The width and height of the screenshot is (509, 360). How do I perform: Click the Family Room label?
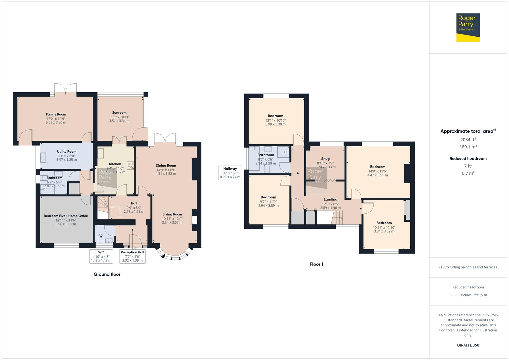click(x=56, y=114)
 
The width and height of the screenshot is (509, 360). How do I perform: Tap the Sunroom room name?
click(x=119, y=113)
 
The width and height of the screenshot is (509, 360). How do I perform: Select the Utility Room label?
click(x=67, y=152)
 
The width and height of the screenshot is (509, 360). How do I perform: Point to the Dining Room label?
click(x=166, y=166)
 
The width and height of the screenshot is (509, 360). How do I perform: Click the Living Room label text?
click(x=172, y=214)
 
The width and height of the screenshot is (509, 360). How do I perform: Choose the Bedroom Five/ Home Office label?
click(x=66, y=216)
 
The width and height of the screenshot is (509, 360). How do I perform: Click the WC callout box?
click(x=101, y=256)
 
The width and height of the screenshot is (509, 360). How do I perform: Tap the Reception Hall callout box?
click(x=132, y=256)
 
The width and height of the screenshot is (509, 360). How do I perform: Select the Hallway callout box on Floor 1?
click(x=230, y=173)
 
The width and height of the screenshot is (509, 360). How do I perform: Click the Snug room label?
click(x=325, y=159)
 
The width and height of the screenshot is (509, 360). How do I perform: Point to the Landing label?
click(x=330, y=199)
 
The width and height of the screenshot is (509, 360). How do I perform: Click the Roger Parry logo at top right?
click(x=468, y=27)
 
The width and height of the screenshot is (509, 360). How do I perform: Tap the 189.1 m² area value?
click(x=468, y=147)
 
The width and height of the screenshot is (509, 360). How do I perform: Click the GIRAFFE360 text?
click(x=468, y=345)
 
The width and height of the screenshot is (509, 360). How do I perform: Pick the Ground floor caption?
click(x=107, y=274)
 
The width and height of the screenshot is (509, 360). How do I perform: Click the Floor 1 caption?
click(x=316, y=264)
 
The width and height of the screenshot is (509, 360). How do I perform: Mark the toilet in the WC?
click(x=100, y=239)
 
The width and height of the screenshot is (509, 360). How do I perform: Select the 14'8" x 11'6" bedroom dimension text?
click(x=378, y=171)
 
